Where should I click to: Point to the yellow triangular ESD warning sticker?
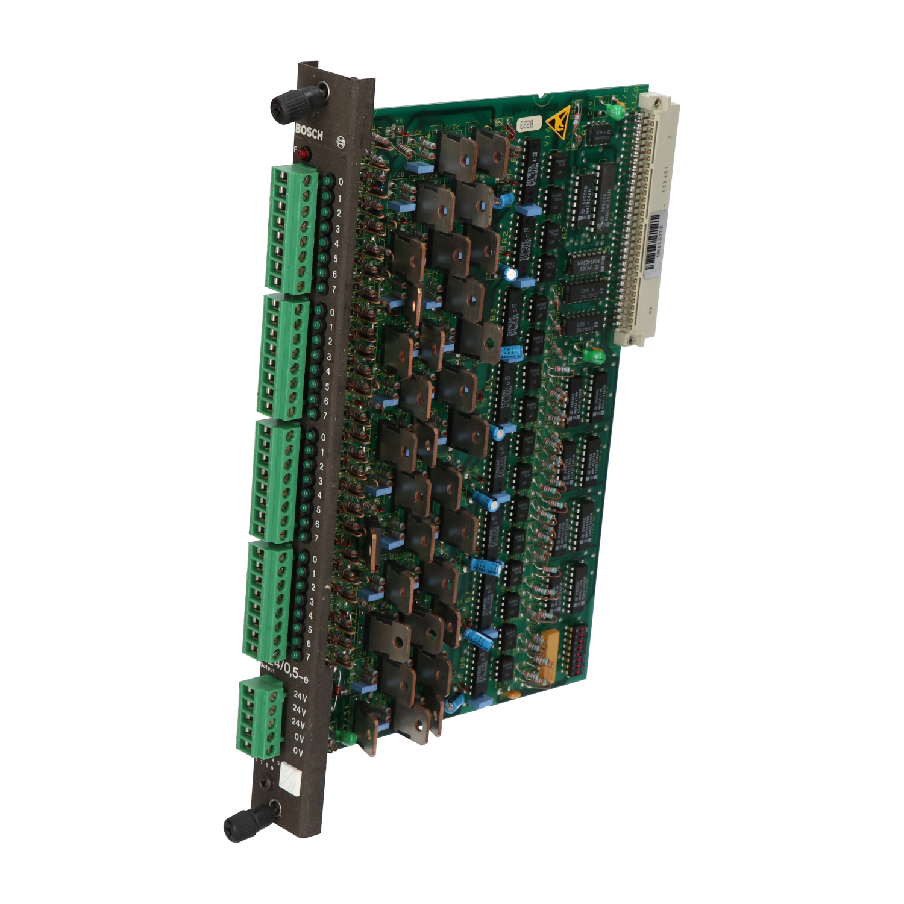(557, 124)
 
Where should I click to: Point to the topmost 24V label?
(300, 697)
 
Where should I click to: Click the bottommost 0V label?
(298, 752)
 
